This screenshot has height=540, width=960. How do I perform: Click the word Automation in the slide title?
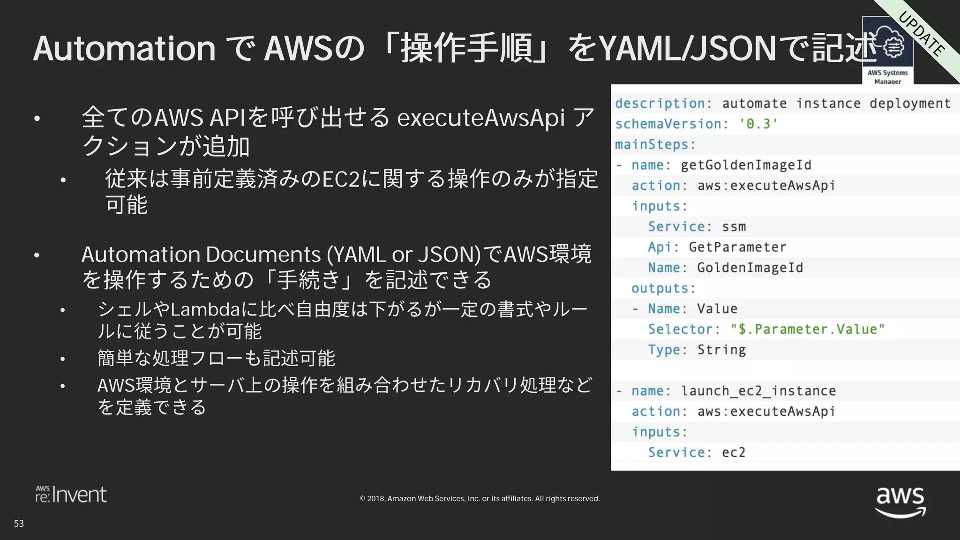point(124,48)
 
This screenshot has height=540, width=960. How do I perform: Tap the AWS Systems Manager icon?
point(887,49)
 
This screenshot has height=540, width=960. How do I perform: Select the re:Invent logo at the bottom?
point(71,495)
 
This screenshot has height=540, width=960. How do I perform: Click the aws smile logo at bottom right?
point(900,502)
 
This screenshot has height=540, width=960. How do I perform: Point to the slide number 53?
point(19,524)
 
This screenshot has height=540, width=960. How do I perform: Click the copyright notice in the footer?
point(480,498)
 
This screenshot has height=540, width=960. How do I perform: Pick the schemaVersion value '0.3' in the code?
point(758,124)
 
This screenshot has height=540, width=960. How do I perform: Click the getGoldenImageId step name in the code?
point(746,165)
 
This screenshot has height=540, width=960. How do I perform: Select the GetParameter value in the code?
point(737,247)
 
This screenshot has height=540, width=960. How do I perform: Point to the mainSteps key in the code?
point(654,144)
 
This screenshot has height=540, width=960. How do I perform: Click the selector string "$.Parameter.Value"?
point(808,329)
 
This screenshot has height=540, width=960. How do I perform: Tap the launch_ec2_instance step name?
point(758,390)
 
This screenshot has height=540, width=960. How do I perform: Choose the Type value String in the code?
point(721,350)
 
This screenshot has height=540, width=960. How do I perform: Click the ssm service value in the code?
point(734,227)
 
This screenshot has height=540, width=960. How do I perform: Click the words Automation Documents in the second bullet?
point(201,255)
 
